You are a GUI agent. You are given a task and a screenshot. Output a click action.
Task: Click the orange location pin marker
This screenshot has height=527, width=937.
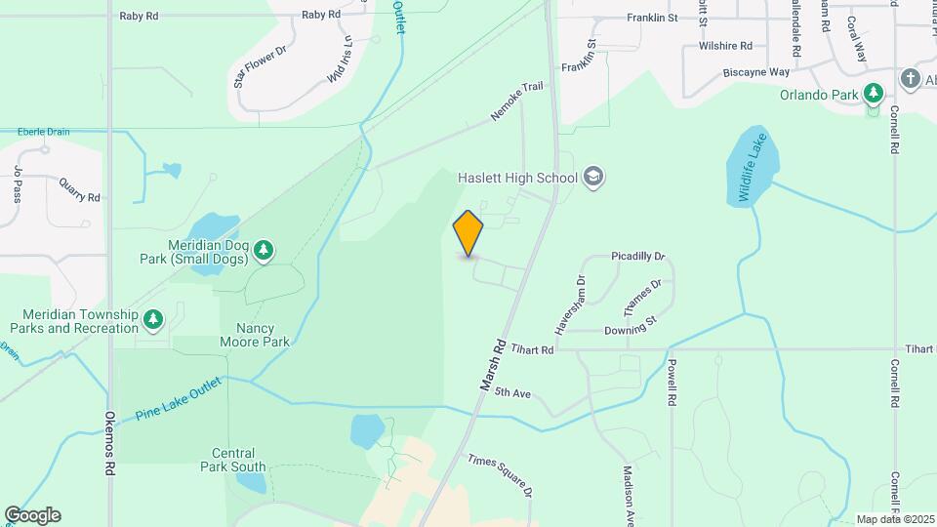pos(468,233)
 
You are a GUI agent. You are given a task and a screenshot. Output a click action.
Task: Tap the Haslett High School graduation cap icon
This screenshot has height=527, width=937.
pos(593,178)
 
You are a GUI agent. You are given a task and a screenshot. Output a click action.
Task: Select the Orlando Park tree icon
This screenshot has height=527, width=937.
pos(874,95)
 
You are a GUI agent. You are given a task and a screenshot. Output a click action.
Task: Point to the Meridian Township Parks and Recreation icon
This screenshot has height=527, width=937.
pos(152,319)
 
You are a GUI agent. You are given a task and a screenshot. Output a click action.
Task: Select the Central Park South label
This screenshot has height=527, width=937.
pos(239,460)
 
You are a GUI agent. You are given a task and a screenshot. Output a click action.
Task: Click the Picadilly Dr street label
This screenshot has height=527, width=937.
pos(637,256)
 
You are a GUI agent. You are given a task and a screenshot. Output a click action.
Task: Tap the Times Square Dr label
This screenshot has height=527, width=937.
pos(500,475)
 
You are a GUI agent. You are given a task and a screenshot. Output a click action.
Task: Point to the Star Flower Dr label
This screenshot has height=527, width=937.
pos(259,66)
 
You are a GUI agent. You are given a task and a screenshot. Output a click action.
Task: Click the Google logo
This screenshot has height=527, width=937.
pos(32,514)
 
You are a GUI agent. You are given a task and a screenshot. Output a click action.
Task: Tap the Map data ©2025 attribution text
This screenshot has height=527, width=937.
pos(893,519)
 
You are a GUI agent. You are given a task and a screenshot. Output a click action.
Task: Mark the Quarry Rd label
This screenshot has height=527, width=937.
pos(80,196)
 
